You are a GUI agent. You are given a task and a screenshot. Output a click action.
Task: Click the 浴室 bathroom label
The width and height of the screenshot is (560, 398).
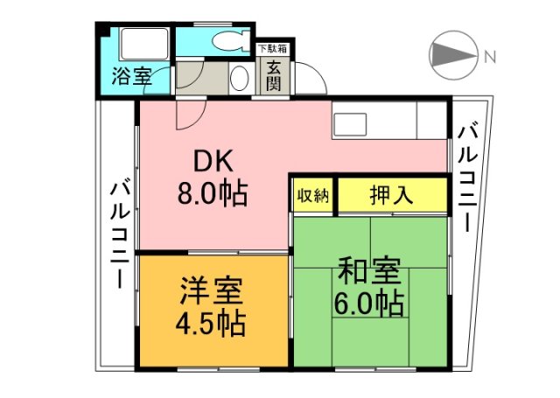130,76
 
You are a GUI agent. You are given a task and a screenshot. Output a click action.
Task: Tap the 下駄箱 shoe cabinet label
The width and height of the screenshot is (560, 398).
271,50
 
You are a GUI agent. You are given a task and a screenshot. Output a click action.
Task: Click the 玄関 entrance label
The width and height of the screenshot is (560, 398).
274,73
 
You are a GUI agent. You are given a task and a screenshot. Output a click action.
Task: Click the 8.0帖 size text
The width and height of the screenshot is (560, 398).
213,192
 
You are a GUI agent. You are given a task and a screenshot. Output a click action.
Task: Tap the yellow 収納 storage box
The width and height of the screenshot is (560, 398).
312,195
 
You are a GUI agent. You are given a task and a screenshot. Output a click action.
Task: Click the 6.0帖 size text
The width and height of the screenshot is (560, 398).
367,304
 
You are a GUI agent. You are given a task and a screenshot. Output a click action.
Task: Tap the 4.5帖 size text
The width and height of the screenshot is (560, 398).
213,323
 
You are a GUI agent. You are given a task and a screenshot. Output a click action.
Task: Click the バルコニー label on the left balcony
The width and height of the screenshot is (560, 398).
120,234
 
